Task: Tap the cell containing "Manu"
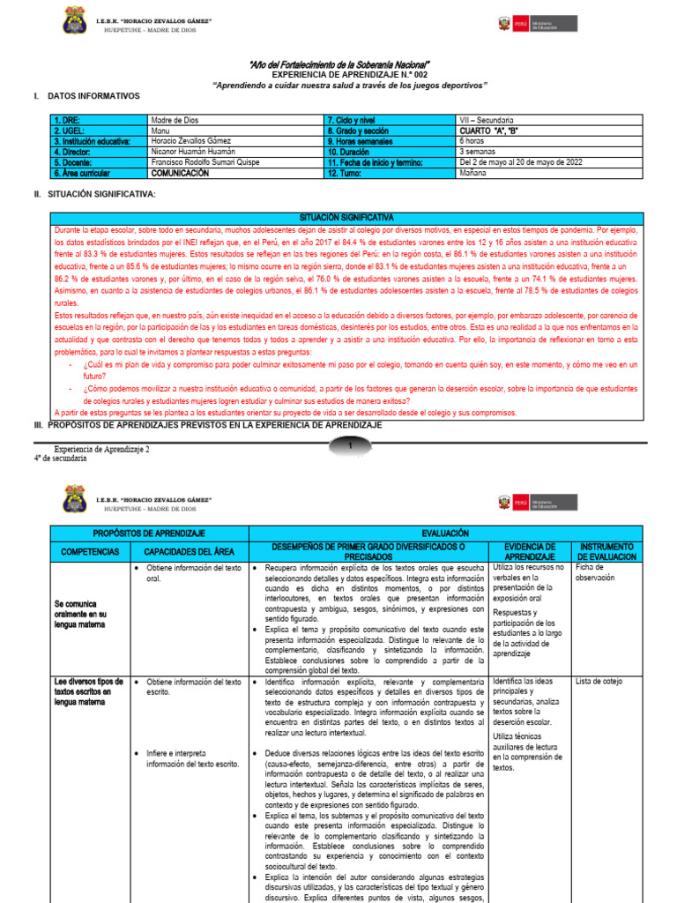(161, 130)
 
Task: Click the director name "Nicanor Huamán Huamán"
(194, 152)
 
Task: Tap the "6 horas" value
(472, 141)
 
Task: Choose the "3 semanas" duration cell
(478, 152)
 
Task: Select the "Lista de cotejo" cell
(599, 682)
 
